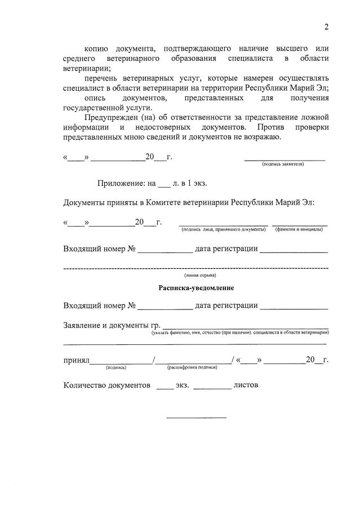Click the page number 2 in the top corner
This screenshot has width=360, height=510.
click(326, 27)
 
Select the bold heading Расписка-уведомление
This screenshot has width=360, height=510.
click(195, 287)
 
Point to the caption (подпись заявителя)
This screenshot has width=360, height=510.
click(283, 164)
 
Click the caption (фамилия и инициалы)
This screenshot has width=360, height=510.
click(299, 229)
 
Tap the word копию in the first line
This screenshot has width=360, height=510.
click(96, 50)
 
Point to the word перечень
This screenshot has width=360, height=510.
click(102, 78)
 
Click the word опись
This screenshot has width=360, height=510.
click(95, 98)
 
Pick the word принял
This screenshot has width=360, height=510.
click(76, 360)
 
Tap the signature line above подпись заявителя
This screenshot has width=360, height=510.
click(285, 159)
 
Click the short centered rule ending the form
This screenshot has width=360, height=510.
click(195, 418)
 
